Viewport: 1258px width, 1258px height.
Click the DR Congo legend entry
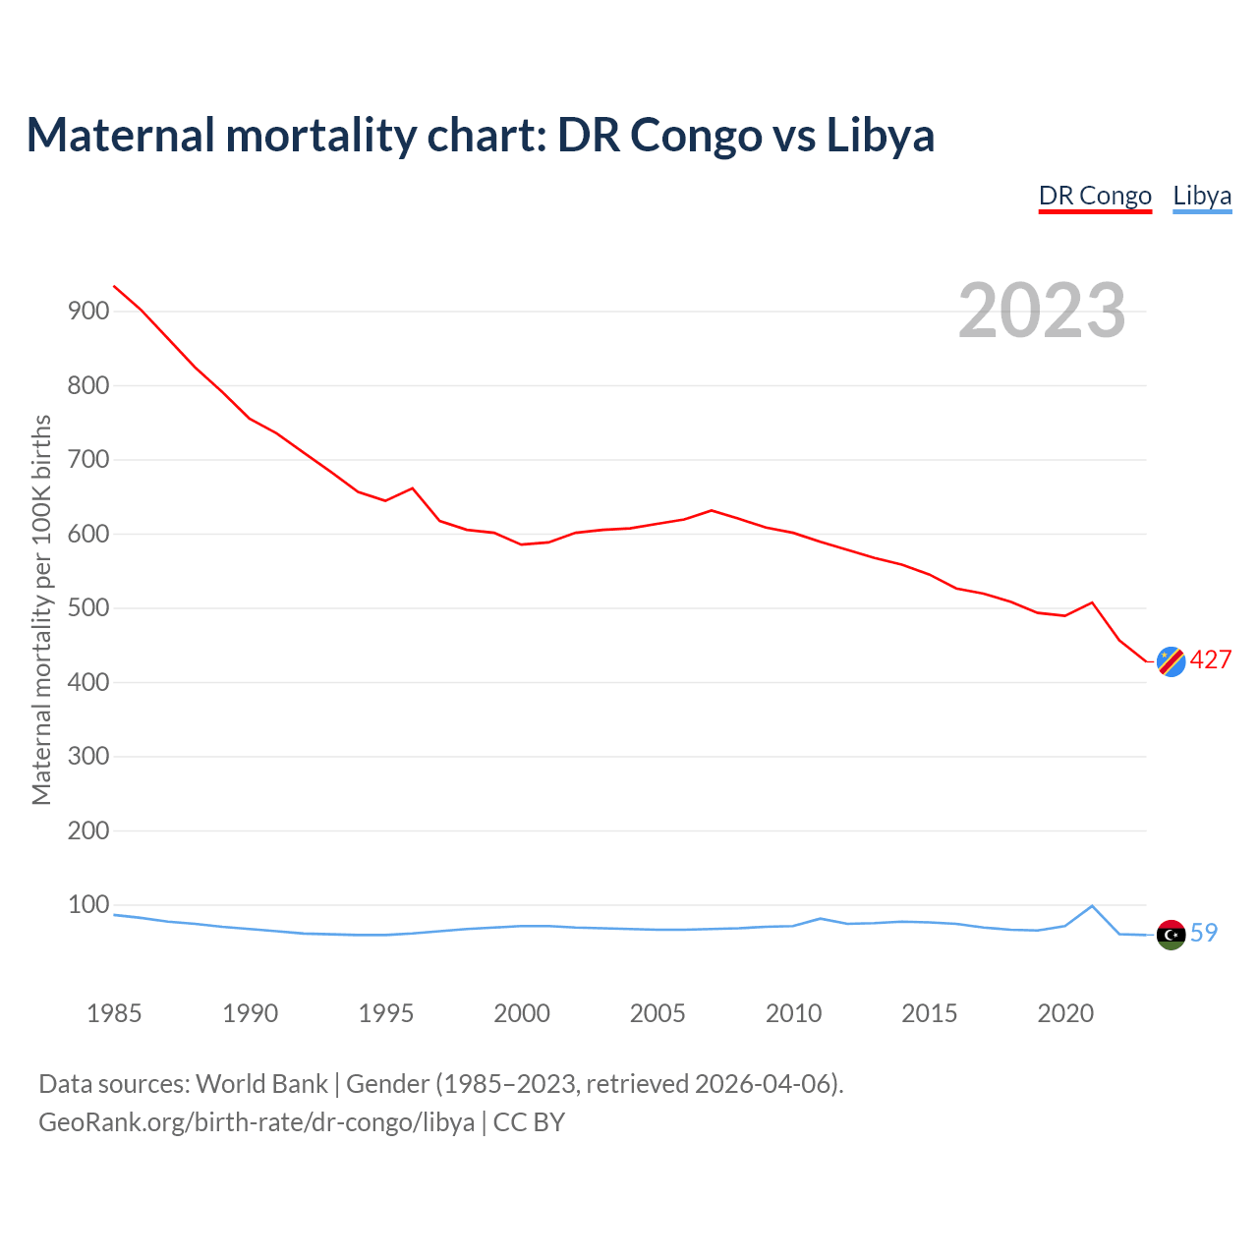tap(1095, 196)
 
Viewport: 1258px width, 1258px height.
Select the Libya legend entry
tap(1202, 196)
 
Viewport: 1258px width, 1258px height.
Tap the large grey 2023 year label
tap(1042, 311)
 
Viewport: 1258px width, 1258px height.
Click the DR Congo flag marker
tap(1171, 661)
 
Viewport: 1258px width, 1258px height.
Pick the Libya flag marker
tap(1171, 935)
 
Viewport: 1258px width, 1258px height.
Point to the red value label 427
tap(1210, 660)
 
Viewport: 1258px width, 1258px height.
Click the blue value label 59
tap(1204, 933)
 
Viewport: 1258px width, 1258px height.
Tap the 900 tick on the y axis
tap(87, 312)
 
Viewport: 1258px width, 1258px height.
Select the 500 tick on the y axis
tap(87, 608)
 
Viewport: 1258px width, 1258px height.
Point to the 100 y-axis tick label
tap(87, 905)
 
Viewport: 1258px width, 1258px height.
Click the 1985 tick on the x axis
tap(114, 1013)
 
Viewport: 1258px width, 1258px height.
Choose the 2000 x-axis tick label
tap(522, 1013)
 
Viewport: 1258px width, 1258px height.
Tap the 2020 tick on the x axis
tap(1065, 1013)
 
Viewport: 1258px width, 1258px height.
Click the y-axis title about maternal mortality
tap(41, 609)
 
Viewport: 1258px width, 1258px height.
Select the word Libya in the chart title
tap(880, 135)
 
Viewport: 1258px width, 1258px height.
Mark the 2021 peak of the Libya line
tap(1092, 906)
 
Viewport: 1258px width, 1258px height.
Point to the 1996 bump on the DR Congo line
tap(413, 488)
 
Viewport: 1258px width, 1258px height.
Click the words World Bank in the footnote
tap(261, 1084)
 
